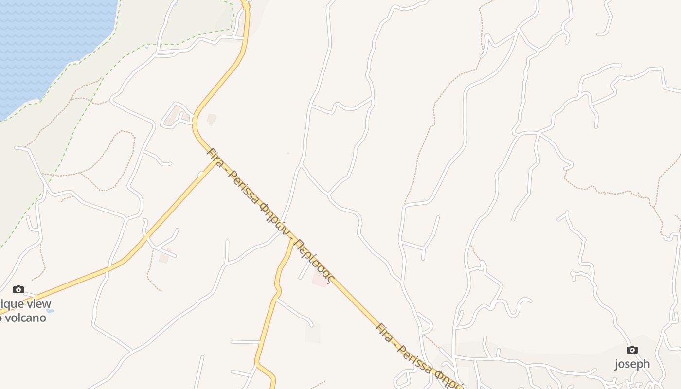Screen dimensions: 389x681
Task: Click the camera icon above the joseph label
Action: pyautogui.click(x=632, y=350)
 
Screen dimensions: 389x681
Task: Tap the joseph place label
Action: pyautogui.click(x=632, y=364)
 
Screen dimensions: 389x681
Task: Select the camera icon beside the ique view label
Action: pyautogui.click(x=18, y=290)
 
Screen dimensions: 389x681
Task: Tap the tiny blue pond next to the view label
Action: pyautogui.click(x=50, y=310)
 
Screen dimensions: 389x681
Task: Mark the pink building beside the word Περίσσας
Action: pyautogui.click(x=320, y=279)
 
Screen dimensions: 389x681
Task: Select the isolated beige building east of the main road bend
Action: pyautogui.click(x=212, y=119)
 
